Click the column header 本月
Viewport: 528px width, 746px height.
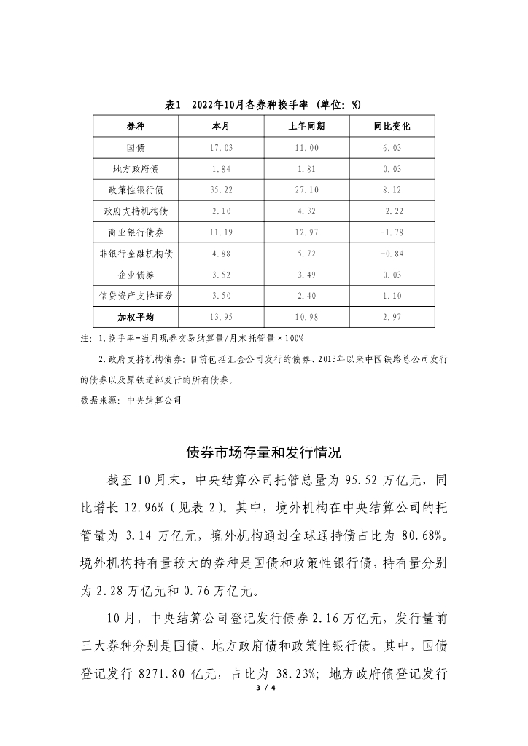[x=221, y=126]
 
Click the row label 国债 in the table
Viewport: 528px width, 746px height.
[x=136, y=148]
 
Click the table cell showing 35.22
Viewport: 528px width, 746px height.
[x=221, y=190]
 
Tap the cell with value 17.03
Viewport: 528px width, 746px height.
[x=221, y=148]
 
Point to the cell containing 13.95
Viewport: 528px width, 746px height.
[x=221, y=318]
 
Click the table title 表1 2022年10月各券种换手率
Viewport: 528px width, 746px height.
[x=263, y=105]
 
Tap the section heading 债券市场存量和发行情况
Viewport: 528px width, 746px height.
[x=263, y=452]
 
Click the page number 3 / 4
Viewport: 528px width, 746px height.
[x=263, y=687]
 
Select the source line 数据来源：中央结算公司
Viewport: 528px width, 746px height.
[x=131, y=399]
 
